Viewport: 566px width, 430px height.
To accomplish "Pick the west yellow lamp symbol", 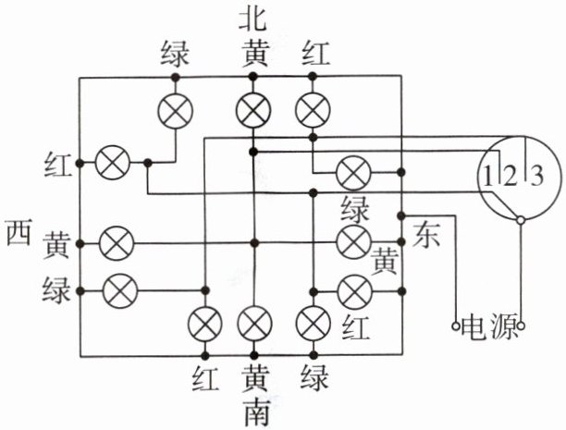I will tap(114, 244).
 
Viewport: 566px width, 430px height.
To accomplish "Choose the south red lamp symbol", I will tap(204, 324).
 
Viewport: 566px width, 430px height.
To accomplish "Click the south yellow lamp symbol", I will tap(252, 324).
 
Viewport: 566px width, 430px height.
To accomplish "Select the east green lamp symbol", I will tap(351, 172).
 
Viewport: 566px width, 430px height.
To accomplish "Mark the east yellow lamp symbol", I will tap(351, 243).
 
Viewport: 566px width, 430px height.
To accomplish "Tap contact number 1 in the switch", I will tap(487, 172).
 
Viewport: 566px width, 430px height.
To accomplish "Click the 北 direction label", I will tap(252, 19).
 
